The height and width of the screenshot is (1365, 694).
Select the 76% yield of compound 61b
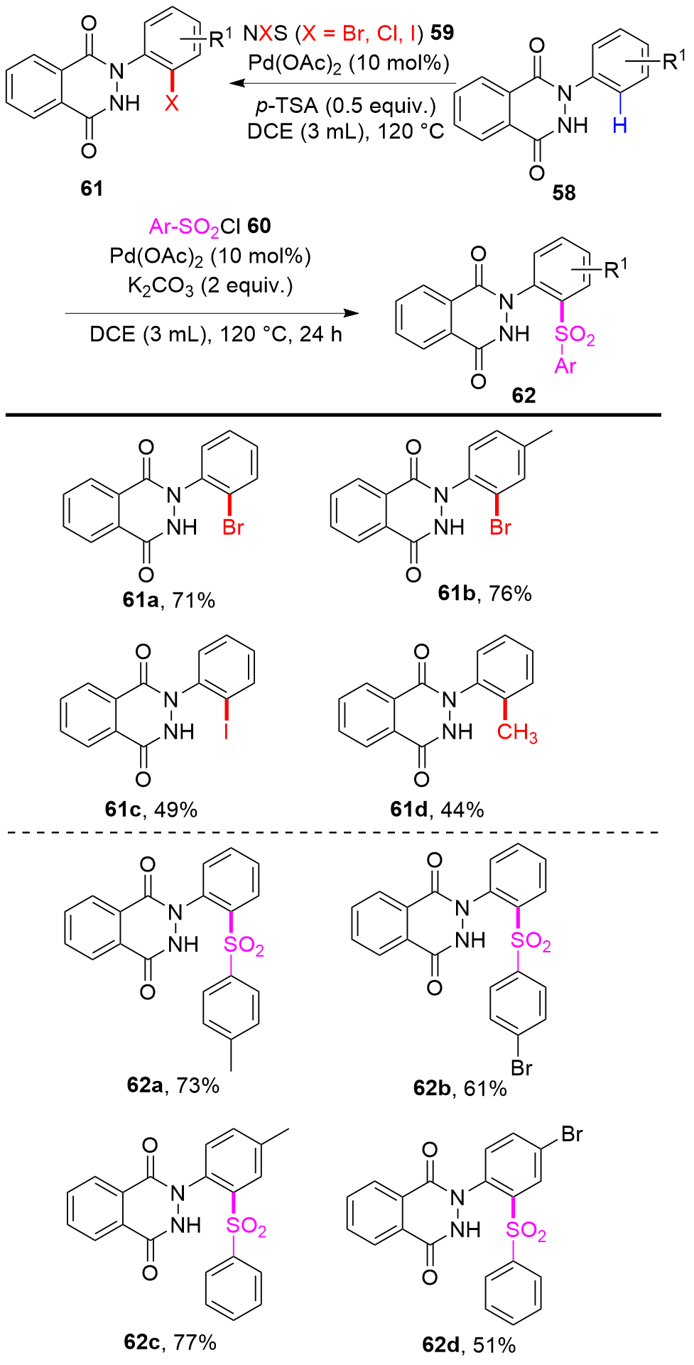510,593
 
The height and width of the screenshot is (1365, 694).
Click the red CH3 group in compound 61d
517,733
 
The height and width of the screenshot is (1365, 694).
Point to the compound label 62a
146,1084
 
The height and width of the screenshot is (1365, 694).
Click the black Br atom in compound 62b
521,1067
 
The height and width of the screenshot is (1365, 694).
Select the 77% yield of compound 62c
195,1342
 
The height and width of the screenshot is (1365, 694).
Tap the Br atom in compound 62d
572,1134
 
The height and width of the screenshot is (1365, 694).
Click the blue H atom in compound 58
620,126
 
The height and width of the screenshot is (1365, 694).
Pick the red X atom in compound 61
172,104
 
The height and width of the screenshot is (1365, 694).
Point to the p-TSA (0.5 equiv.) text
345,105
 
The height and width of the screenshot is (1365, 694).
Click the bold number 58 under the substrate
564,192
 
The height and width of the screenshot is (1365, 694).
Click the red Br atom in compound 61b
501,528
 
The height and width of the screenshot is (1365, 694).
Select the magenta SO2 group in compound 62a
244,947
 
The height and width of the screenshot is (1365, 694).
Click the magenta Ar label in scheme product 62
565,366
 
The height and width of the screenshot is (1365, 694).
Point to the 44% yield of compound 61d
462,810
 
